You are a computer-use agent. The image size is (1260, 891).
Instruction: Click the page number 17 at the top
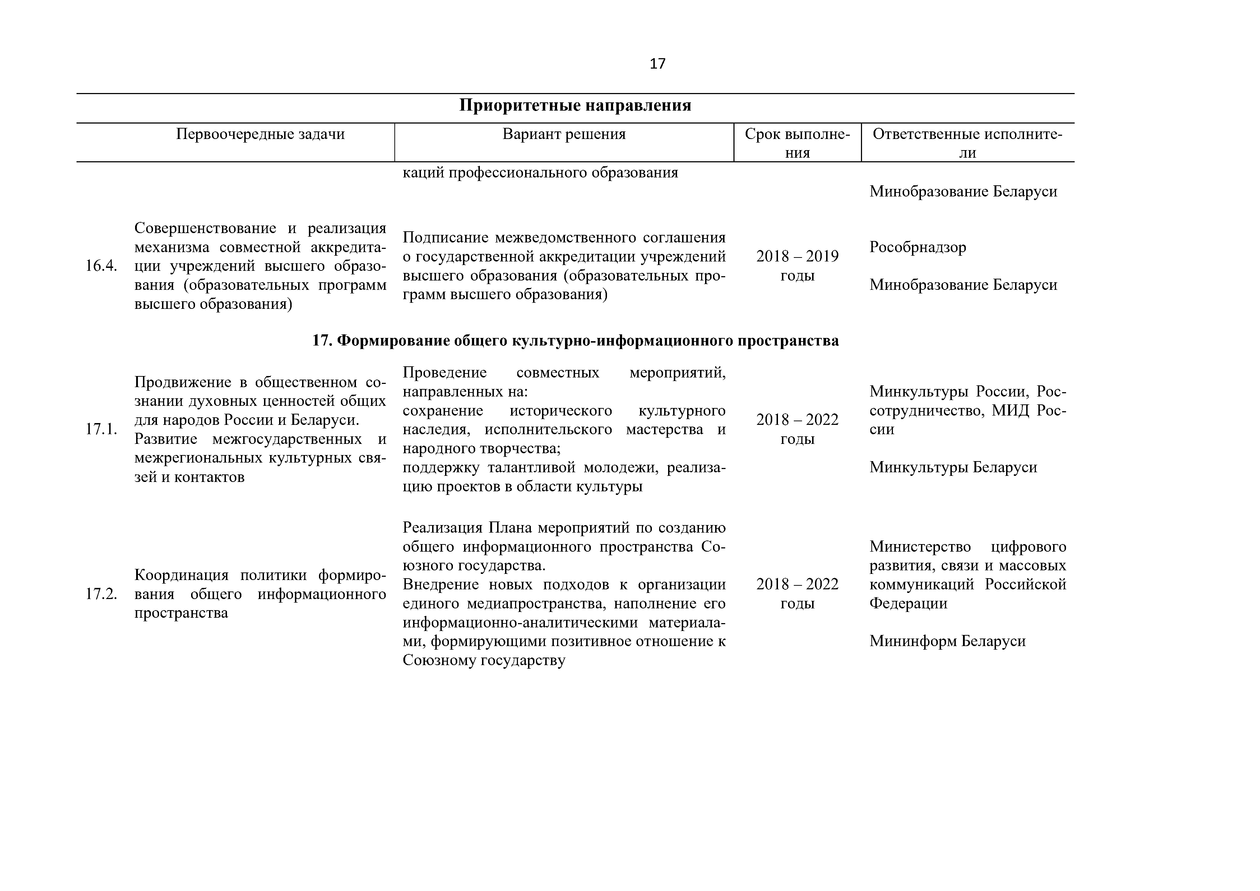pyautogui.click(x=657, y=64)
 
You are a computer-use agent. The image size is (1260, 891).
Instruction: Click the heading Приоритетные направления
pyautogui.click(x=575, y=105)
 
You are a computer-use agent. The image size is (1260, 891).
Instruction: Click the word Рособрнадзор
pyautogui.click(x=918, y=247)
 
